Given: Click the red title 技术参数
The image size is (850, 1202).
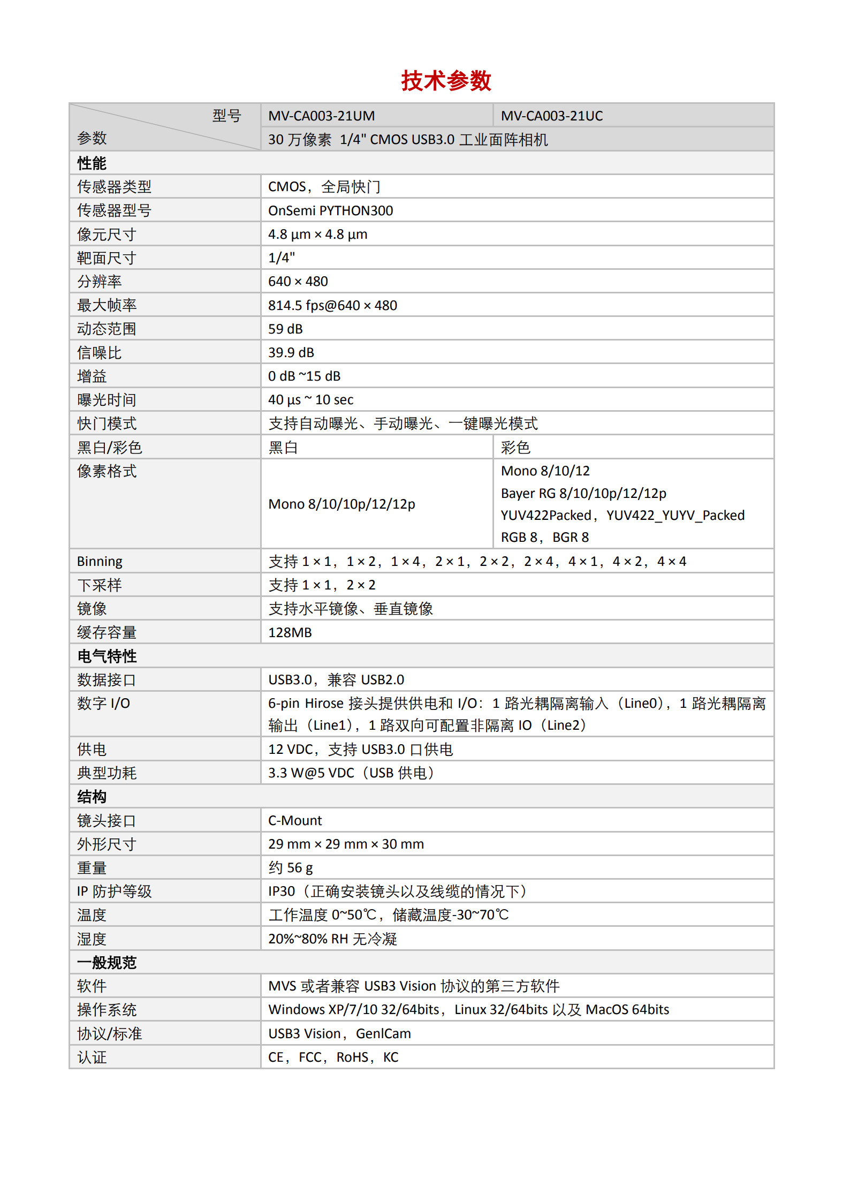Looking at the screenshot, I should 446,81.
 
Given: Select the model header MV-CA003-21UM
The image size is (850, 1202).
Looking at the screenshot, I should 321,116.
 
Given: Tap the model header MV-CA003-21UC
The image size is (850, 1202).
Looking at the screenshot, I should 551,116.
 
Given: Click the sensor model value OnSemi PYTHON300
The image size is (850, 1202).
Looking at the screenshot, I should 330,210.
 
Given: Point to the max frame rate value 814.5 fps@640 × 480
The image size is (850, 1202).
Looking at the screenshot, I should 332,305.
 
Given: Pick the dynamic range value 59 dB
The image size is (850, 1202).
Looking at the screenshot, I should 285,329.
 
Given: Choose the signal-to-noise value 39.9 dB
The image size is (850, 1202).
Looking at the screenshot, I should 291,352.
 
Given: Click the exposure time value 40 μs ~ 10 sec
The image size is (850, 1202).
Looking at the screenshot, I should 310,399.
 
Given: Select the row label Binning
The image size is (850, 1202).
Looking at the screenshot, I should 100,561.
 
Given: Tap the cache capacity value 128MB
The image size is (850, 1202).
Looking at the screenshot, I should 290,632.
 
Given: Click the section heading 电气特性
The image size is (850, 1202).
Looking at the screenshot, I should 107,656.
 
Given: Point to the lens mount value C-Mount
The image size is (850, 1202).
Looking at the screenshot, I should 295,820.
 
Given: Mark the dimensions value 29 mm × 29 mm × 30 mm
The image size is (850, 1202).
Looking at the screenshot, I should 346,844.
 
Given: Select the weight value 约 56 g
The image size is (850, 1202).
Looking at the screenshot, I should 291,867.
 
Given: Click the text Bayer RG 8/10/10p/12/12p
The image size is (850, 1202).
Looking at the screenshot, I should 583,493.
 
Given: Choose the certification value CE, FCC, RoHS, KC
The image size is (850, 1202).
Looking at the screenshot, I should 333,1057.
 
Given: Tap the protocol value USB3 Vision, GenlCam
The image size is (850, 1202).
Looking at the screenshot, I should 339,1033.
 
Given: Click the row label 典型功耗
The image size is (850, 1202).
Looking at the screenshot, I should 107,773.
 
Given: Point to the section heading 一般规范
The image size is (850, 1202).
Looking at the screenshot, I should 107,962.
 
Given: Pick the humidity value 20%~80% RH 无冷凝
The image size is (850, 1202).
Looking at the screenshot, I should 332,939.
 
